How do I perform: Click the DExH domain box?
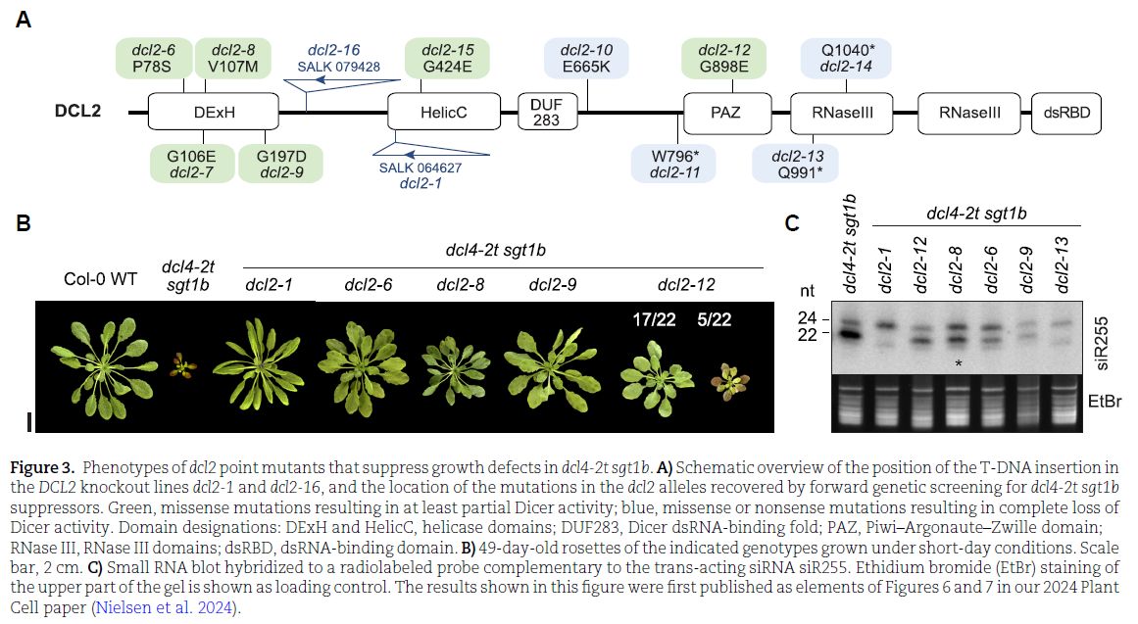point(214,113)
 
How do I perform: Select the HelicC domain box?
point(444,113)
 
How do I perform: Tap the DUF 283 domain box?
point(546,113)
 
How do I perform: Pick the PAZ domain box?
point(725,113)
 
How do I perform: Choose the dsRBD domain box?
point(1067,113)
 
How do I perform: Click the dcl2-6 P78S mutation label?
point(152,58)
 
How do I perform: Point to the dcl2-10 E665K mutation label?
point(586,58)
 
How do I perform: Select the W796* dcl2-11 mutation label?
point(673,164)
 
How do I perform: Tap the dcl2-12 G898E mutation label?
point(724,58)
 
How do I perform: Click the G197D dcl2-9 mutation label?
point(281,164)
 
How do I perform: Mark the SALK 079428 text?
point(338,67)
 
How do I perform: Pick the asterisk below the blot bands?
point(959,363)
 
